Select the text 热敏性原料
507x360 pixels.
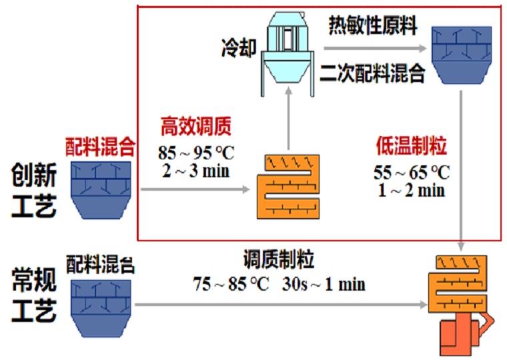point(373,26)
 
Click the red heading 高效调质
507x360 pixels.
point(195,125)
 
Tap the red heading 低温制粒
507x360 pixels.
point(411,145)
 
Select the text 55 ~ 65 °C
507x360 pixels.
point(412,172)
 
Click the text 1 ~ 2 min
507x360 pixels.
point(411,190)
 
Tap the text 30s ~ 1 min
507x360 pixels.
point(324,283)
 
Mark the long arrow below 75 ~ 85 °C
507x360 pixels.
point(280,305)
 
